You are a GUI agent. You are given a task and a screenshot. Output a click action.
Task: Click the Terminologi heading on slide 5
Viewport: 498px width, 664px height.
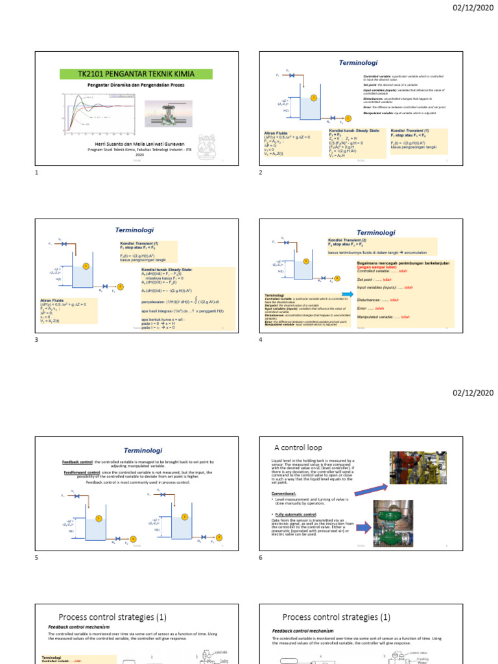(x=143, y=450)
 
